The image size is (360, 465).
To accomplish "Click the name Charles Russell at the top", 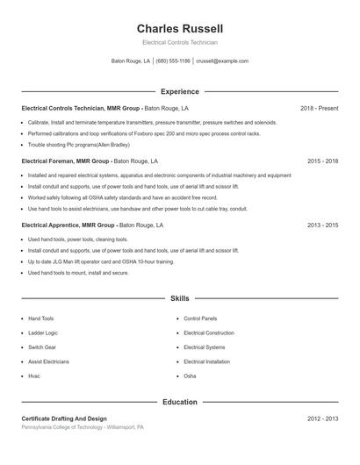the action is click(179, 28).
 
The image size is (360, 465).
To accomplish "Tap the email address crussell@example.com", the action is click(222, 61).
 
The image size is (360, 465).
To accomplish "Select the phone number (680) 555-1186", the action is click(173, 61).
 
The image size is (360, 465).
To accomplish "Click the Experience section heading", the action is click(179, 91).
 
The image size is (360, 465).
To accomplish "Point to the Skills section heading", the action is click(179, 299).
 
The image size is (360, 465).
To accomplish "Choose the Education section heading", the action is click(179, 402).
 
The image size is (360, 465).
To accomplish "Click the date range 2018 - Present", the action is click(319, 109).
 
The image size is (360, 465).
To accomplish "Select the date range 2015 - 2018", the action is click(322, 161).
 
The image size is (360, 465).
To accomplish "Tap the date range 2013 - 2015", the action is click(322, 225).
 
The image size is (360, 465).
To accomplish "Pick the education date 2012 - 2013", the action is click(322, 418).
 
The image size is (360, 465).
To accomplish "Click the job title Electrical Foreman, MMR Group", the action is click(66, 161).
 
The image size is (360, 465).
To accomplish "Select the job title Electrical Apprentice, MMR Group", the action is click(68, 225).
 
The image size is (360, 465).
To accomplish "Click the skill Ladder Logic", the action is click(42, 333).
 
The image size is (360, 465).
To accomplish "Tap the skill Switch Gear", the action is click(41, 347).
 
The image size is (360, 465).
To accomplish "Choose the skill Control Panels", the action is click(200, 318).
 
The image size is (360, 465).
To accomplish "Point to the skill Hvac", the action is click(34, 376).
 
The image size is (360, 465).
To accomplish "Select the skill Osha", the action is click(190, 376).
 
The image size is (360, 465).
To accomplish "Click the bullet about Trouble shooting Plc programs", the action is click(78, 145).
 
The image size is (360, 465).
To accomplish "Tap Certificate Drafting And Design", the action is click(64, 418).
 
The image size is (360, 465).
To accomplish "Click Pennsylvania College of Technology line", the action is click(82, 427).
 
